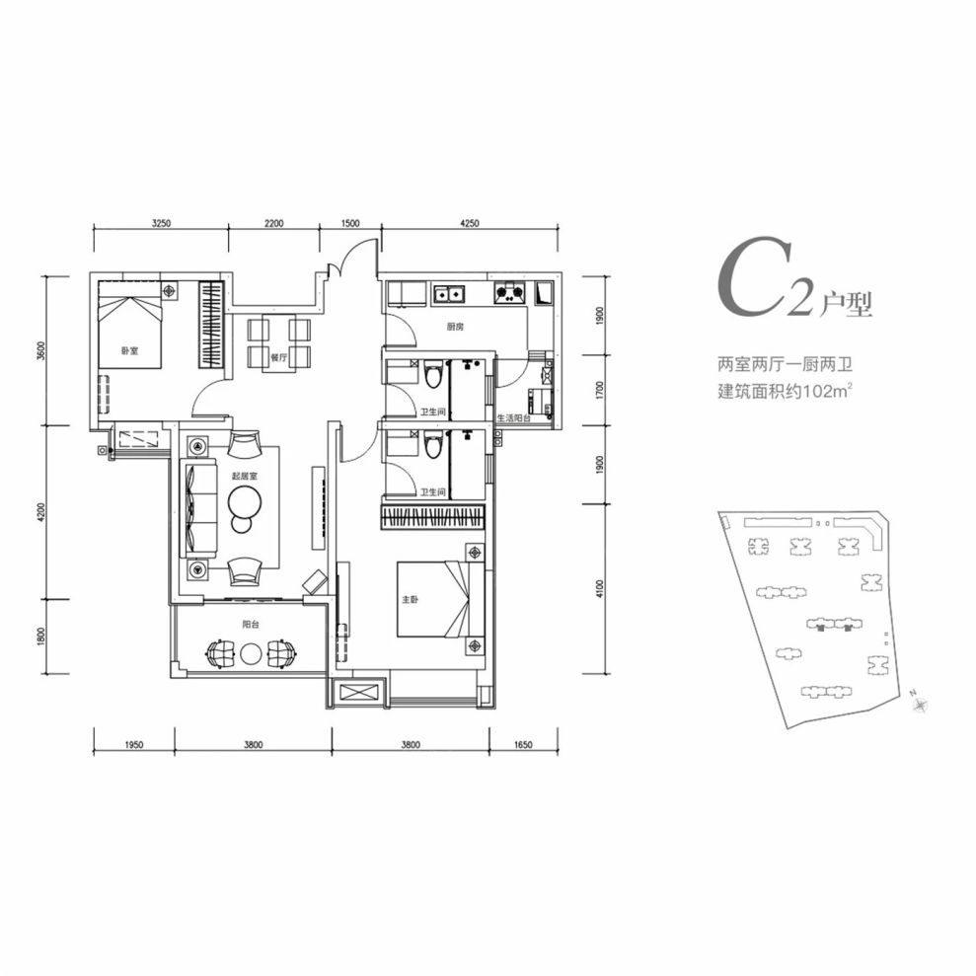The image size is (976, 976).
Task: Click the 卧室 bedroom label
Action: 129,351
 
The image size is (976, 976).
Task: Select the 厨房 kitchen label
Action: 456,327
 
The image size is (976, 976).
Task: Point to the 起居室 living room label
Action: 245,476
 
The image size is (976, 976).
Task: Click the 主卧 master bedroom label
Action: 411,599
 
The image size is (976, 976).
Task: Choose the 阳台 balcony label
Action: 251,625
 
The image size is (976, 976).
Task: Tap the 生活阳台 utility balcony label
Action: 514,418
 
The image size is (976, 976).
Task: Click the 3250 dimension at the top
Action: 161,223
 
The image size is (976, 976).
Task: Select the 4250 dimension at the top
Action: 470,223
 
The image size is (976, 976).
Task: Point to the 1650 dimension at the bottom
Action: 523,744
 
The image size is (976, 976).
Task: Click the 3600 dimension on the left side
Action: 42,351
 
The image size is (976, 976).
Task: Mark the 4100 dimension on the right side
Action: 599,589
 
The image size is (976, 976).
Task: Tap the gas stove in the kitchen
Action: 510,292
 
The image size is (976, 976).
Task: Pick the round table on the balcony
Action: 251,653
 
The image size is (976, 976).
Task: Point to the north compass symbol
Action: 921,704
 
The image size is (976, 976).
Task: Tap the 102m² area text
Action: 827,393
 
